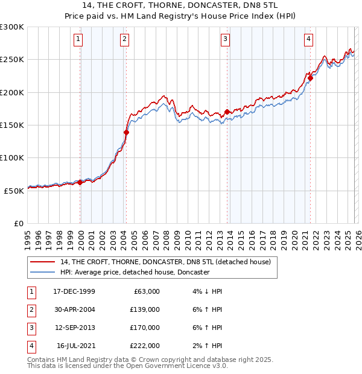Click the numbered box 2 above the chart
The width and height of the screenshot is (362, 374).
(124, 40)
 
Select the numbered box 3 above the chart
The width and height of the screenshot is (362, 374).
(225, 40)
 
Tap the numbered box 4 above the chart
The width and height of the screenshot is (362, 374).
(308, 40)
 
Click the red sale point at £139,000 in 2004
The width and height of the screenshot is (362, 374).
(127, 132)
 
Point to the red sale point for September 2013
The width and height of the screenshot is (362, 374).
(227, 112)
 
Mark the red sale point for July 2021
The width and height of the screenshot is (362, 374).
(310, 77)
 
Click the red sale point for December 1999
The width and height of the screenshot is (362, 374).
(80, 182)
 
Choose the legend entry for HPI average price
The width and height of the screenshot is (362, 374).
(135, 272)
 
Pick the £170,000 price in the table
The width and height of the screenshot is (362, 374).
(144, 329)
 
